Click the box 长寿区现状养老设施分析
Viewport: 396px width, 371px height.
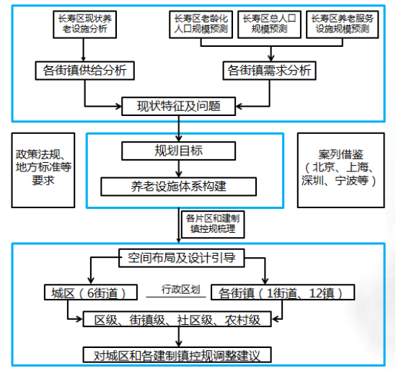[x=85, y=24]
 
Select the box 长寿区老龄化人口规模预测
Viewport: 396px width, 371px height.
[x=201, y=24]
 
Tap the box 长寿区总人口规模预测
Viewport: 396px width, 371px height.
[x=270, y=24]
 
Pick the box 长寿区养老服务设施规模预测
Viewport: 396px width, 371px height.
[x=343, y=24]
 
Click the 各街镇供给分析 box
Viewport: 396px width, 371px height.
[x=85, y=71]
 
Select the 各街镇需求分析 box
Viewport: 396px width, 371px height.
[x=270, y=71]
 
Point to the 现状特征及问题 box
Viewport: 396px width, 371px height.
[x=179, y=106]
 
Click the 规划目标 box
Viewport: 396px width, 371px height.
[x=179, y=151]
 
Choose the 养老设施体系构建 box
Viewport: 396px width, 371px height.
[x=179, y=187]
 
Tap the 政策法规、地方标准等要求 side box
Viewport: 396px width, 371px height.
[x=43, y=170]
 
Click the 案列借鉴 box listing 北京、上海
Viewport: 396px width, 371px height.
[x=341, y=170]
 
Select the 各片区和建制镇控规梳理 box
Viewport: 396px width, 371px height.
[x=214, y=224]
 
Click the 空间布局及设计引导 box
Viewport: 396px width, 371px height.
[x=182, y=258]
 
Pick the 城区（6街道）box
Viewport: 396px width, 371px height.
[x=91, y=292]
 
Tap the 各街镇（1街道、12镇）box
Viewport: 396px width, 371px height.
[x=283, y=292]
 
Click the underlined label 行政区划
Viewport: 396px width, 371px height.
[x=181, y=290]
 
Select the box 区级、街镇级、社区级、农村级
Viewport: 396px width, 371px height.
[x=177, y=319]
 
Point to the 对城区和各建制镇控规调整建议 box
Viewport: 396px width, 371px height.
[x=177, y=355]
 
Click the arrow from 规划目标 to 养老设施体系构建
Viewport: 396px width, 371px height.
[x=179, y=169]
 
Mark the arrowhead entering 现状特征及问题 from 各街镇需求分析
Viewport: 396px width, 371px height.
[x=239, y=107]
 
